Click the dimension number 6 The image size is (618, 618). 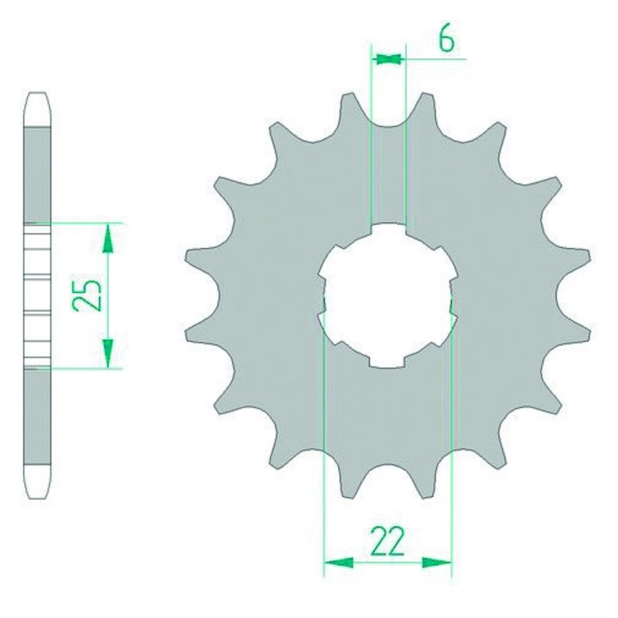pos(446,39)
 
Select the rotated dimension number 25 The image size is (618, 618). pos(88,295)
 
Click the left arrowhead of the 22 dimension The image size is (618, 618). pos(338,562)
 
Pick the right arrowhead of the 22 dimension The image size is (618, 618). pos(437,562)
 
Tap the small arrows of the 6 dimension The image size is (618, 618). pos(389,59)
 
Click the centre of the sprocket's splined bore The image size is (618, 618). pos(388,295)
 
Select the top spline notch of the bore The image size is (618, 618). pos(388,229)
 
